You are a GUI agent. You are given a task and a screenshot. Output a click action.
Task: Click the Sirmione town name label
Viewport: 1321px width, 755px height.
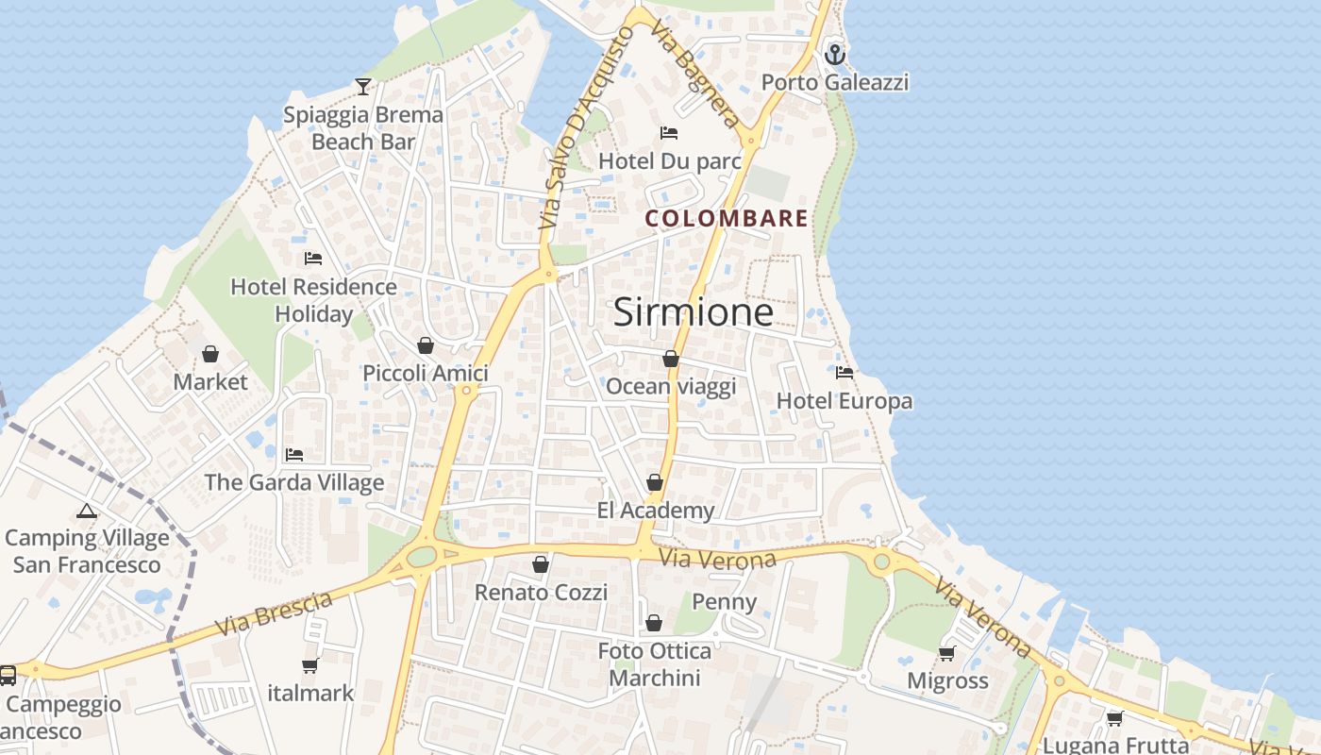(x=694, y=312)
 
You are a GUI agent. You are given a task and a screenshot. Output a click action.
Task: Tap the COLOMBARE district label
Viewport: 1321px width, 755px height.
(x=727, y=219)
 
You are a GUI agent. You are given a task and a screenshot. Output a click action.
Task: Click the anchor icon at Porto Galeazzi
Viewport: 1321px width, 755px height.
(x=834, y=54)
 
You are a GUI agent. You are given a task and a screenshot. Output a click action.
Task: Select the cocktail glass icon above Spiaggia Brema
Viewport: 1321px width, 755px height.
(x=363, y=87)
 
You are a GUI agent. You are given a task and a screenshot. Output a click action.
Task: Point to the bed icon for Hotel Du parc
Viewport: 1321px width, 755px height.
(x=669, y=133)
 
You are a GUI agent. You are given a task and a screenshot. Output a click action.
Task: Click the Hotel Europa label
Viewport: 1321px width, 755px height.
(x=844, y=401)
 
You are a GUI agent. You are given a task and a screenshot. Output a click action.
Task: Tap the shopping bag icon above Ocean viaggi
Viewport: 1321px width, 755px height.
(x=670, y=359)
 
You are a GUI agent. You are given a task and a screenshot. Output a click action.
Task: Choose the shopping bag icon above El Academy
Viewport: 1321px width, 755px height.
(x=655, y=482)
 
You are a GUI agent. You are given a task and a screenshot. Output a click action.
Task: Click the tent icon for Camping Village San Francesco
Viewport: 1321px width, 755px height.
(x=87, y=512)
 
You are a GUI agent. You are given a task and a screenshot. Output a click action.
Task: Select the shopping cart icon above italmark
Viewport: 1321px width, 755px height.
(x=309, y=665)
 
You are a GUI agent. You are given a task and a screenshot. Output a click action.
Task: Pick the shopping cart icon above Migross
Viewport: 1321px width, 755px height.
(x=947, y=653)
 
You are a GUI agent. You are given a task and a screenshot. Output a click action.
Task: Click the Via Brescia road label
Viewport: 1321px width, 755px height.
(x=274, y=613)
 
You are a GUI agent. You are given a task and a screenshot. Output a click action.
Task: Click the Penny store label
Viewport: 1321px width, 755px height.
(x=725, y=602)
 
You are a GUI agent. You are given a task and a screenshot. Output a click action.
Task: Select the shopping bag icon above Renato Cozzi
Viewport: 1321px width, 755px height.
(x=541, y=564)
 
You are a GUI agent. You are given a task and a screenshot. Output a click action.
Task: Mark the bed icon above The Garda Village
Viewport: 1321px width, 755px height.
(x=294, y=455)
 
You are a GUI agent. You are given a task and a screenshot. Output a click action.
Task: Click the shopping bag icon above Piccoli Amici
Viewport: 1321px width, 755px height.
(x=426, y=345)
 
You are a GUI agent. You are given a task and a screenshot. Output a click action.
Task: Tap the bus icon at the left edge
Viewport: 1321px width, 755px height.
(x=8, y=675)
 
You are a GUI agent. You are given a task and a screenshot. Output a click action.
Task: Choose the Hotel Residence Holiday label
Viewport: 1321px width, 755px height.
(x=313, y=300)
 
